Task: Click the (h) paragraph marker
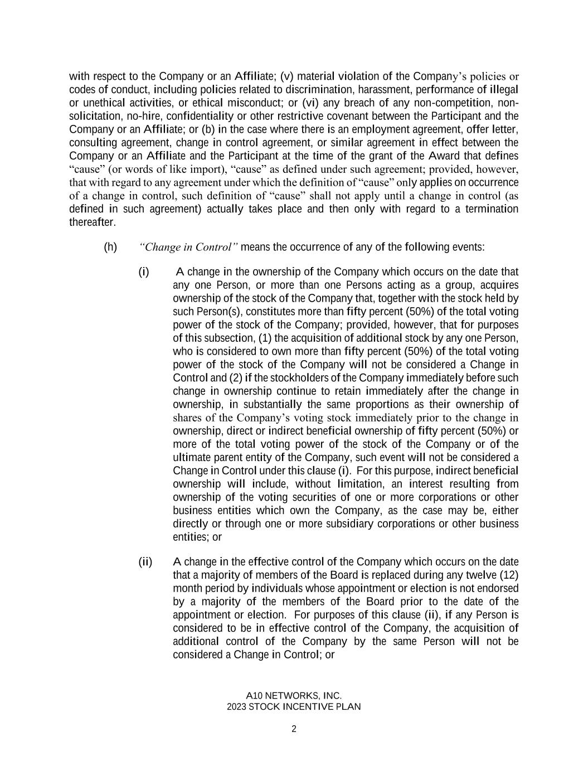[x=110, y=247]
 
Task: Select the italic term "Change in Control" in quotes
[x=189, y=247]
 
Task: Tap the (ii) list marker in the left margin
[x=145, y=561]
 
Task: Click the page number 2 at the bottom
[x=294, y=729]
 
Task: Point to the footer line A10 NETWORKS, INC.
[x=294, y=696]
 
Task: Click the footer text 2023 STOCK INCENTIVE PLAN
[x=294, y=707]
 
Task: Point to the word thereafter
[x=93, y=222]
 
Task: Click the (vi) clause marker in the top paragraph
[x=310, y=103]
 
